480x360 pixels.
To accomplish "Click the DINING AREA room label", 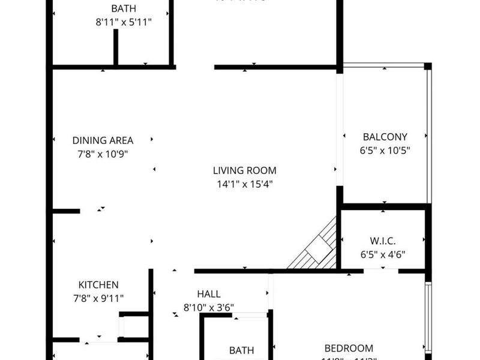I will (x=103, y=140).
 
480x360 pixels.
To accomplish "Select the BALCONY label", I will (x=385, y=136).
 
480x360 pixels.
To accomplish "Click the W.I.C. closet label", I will (x=382, y=241).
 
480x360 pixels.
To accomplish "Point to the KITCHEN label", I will (x=98, y=284).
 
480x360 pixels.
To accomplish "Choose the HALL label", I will (x=208, y=294).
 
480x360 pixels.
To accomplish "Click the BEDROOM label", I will (x=349, y=348).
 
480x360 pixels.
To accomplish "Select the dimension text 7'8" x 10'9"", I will (x=103, y=154).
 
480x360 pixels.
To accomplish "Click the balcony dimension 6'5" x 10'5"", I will (x=385, y=150).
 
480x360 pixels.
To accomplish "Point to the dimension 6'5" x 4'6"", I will (x=382, y=254).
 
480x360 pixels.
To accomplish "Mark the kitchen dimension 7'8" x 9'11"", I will (x=98, y=298).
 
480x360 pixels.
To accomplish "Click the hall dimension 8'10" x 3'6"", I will (x=208, y=307).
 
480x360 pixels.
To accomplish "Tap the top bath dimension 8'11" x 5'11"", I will (x=123, y=22).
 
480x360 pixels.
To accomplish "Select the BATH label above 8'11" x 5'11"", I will (x=123, y=8).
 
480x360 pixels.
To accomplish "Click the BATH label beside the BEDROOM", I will (x=241, y=350).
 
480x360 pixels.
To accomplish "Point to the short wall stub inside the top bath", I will (x=116, y=47).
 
